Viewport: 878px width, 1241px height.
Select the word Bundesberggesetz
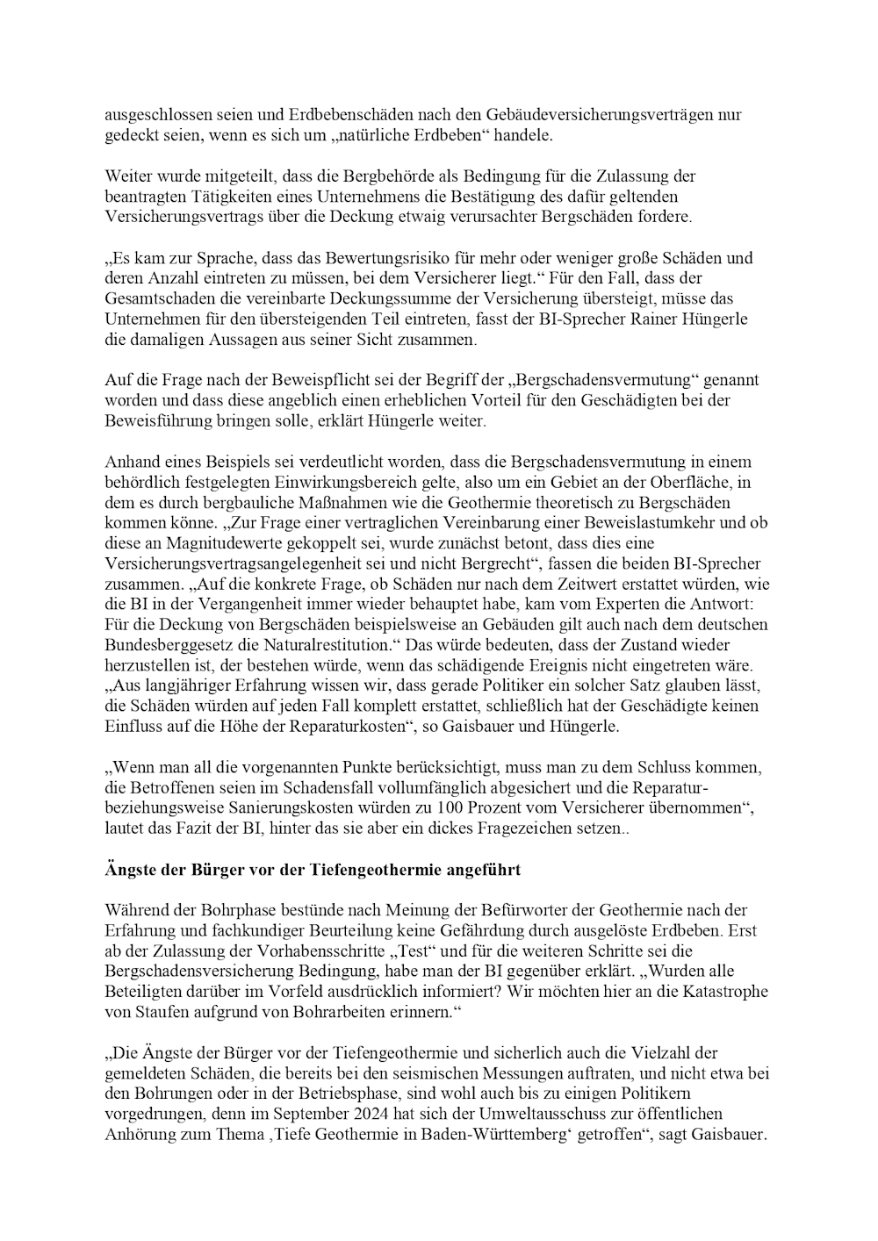[167, 645]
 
